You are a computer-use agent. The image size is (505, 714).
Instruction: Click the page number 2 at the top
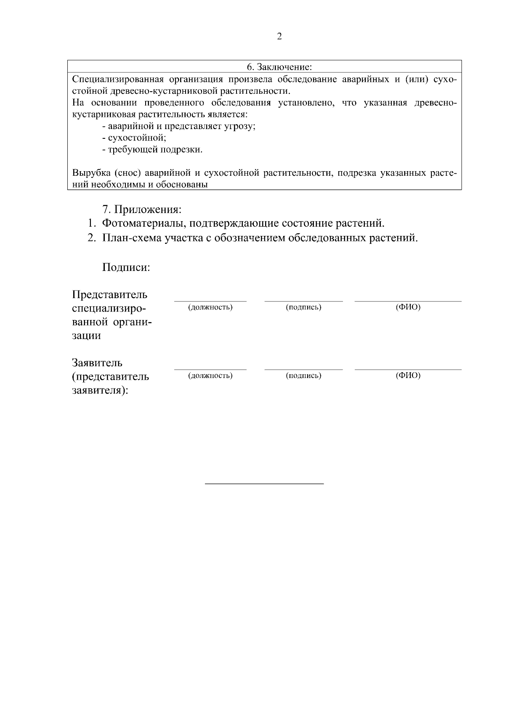tap(279, 37)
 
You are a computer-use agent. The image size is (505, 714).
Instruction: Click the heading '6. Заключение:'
tap(279, 67)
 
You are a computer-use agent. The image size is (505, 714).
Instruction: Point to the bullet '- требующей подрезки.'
tap(152, 150)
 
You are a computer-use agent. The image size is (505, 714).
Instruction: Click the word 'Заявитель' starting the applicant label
tap(97, 362)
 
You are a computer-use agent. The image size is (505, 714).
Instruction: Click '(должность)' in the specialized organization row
tap(210, 307)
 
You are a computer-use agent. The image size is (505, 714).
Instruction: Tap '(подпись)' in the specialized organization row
tap(303, 307)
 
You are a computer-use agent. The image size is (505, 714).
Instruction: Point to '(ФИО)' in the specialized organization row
tap(408, 307)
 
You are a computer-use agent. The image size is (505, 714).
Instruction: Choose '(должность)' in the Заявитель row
tap(210, 376)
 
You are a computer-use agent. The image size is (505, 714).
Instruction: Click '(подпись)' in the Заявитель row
tap(303, 376)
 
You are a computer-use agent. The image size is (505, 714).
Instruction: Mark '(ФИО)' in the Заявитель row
tap(408, 376)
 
